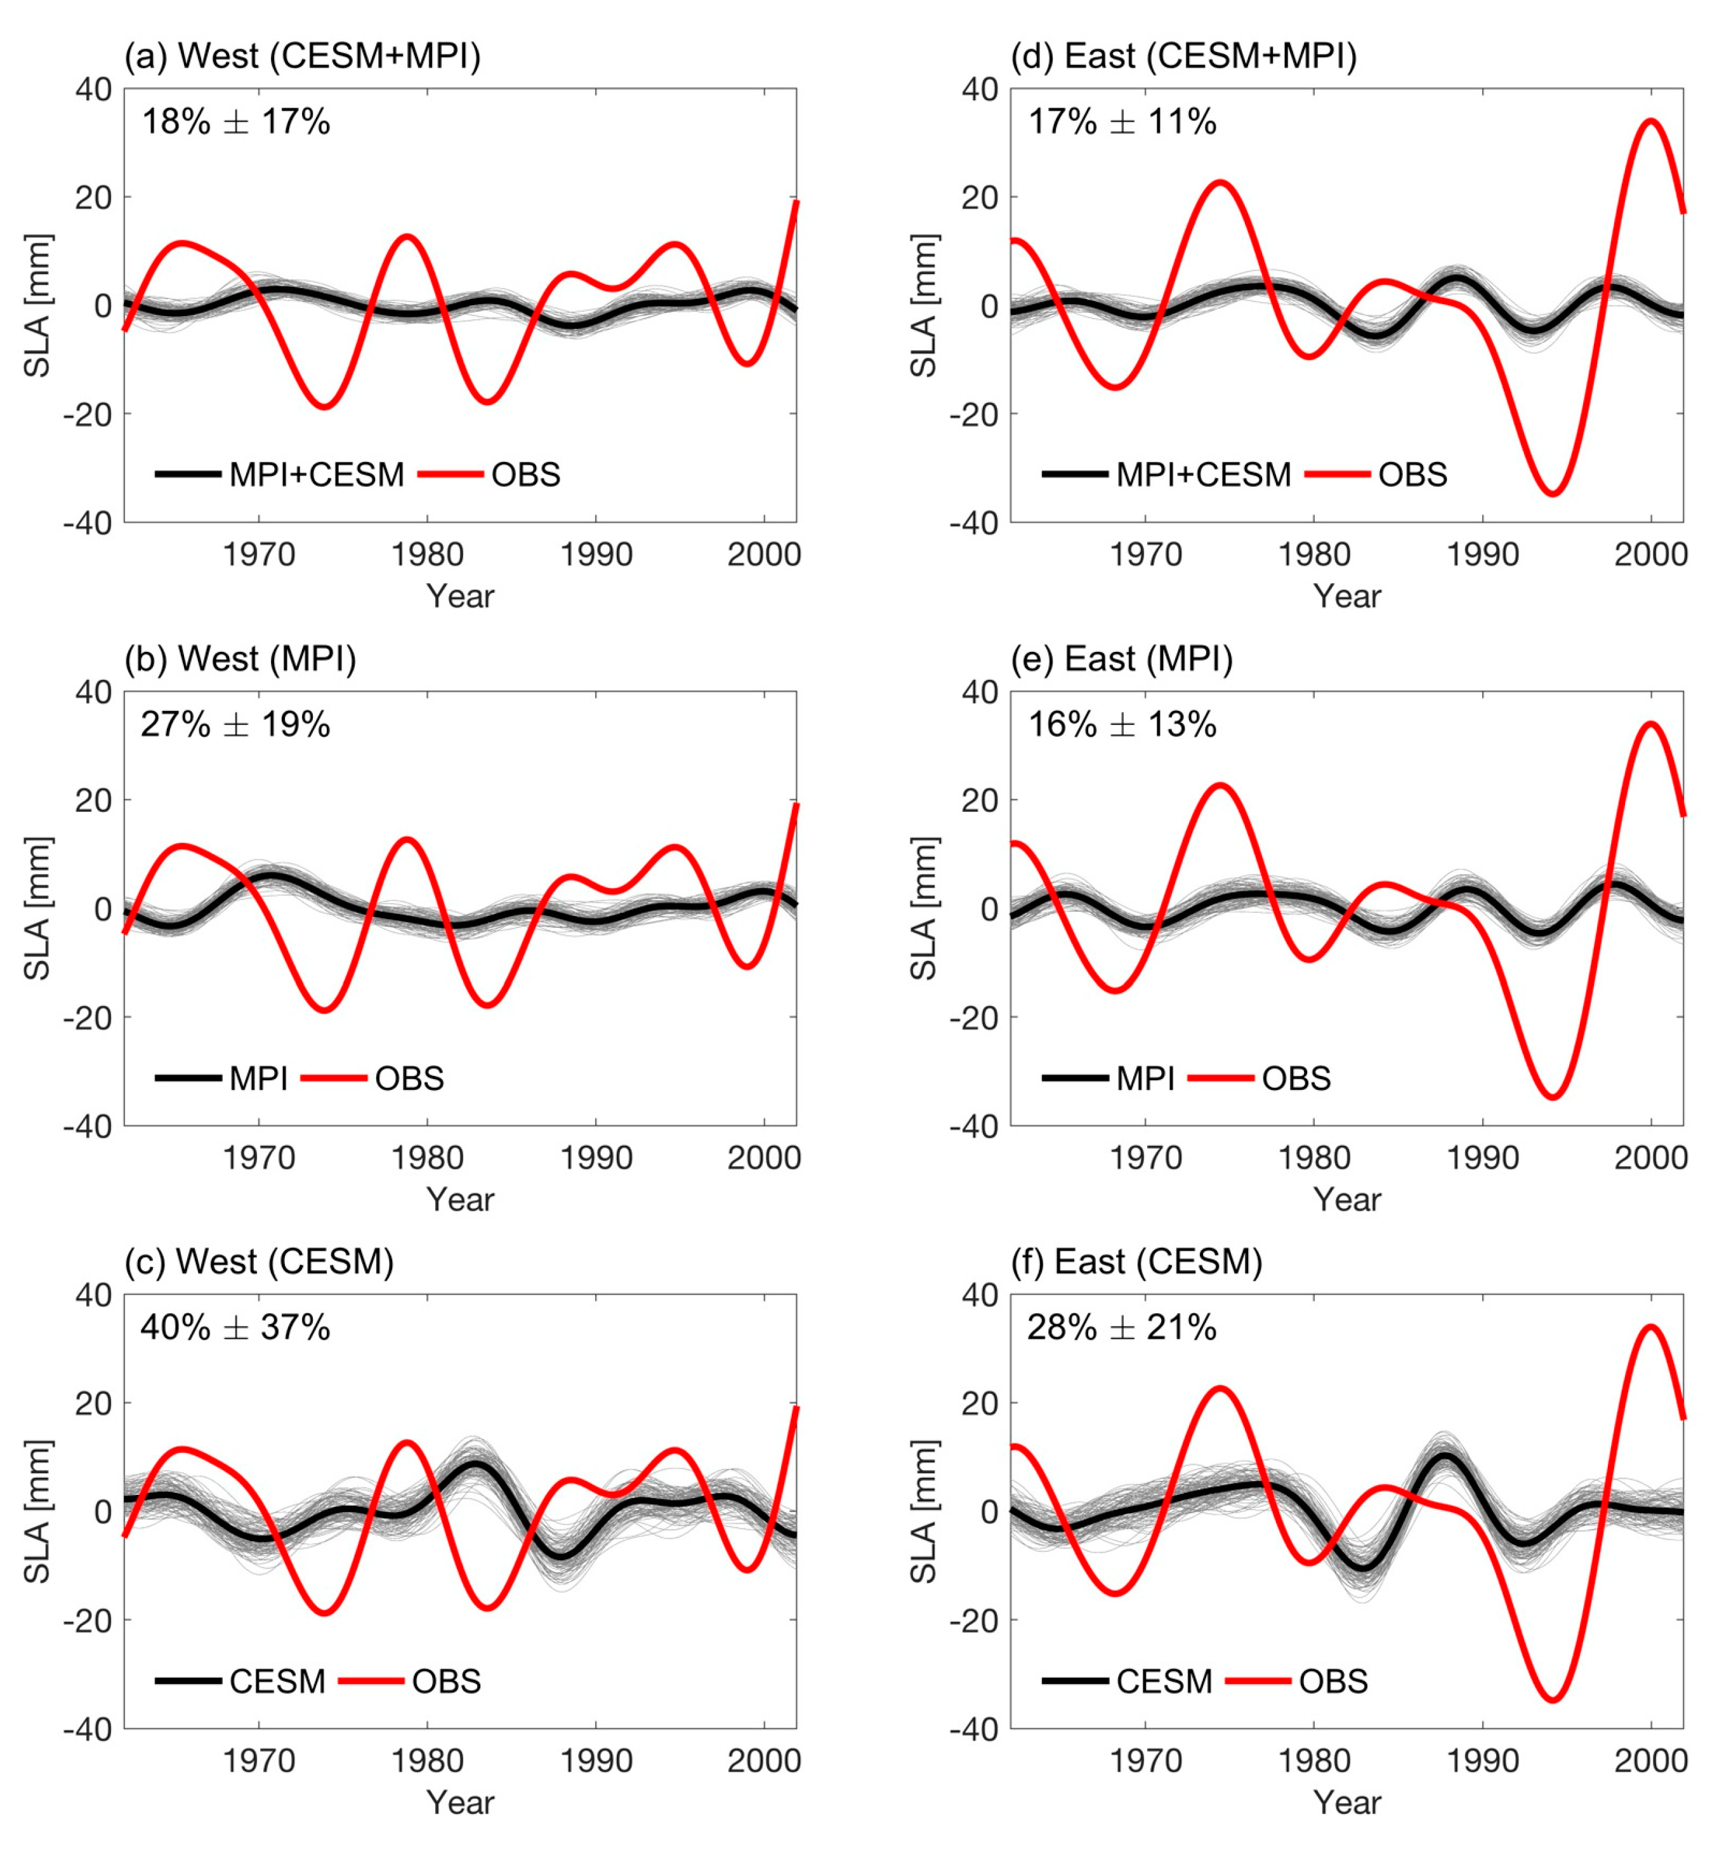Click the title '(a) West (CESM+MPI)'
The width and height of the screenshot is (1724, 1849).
pyautogui.click(x=302, y=56)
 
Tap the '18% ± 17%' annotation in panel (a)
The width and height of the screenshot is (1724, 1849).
pyautogui.click(x=235, y=122)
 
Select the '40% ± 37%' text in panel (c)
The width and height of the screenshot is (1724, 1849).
pyautogui.click(x=235, y=1327)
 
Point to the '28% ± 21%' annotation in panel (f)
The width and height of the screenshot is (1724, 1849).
pyautogui.click(x=1121, y=1327)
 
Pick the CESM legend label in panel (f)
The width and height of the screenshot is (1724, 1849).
pyautogui.click(x=1164, y=1681)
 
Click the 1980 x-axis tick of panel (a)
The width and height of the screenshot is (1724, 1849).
pyautogui.click(x=427, y=555)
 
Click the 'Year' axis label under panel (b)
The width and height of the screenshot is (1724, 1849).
pyautogui.click(x=460, y=1199)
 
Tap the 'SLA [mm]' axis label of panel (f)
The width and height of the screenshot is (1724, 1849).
pyautogui.click(x=923, y=1511)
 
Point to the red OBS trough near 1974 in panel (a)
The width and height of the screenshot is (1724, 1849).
pyautogui.click(x=324, y=406)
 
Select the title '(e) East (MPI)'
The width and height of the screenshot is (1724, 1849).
pyautogui.click(x=1121, y=659)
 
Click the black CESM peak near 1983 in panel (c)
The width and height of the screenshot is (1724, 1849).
pyautogui.click(x=474, y=1465)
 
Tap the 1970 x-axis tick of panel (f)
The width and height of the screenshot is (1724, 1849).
pyautogui.click(x=1145, y=1761)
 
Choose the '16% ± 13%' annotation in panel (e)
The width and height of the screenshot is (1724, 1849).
pyautogui.click(x=1121, y=724)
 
